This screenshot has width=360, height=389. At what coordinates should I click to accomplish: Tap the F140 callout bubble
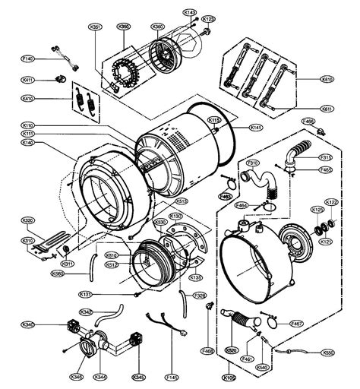click(28, 58)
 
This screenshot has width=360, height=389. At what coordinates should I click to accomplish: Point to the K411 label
click(28, 80)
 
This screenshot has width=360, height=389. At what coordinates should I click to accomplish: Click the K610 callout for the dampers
click(327, 78)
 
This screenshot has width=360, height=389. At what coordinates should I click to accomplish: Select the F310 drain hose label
click(251, 163)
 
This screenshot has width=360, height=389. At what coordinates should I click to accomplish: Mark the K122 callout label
click(331, 202)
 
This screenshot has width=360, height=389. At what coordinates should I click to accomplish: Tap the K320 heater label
click(28, 221)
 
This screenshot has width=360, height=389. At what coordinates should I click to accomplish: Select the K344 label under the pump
click(100, 375)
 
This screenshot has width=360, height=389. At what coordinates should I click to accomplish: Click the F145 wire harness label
click(172, 375)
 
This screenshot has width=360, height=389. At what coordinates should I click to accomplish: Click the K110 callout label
click(28, 125)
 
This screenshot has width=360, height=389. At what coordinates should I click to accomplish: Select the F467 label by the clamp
click(297, 324)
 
